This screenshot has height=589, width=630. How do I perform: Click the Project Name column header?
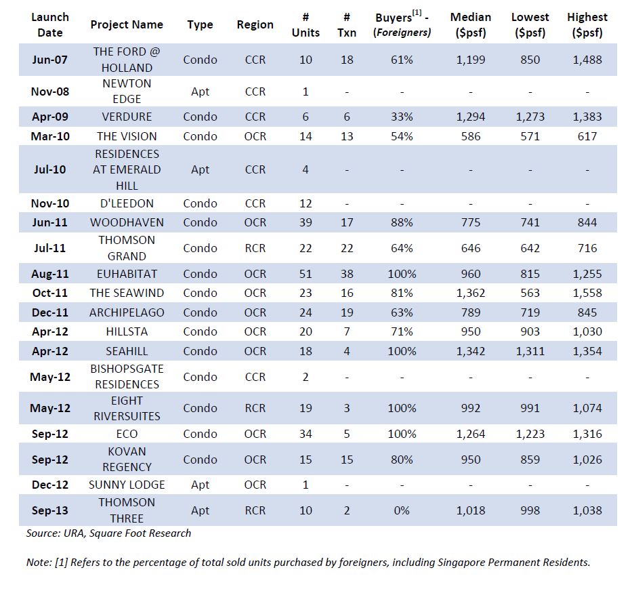pos(127,24)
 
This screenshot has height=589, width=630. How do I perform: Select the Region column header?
pos(255,24)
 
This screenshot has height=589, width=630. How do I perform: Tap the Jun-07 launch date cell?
pos(50,60)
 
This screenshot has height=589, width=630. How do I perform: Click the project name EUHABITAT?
pos(127,274)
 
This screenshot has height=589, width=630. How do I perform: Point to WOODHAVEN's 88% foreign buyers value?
pos(402,222)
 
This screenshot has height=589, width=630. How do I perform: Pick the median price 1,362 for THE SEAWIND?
pos(471,293)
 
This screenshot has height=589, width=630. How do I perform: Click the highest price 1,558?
pos(587,293)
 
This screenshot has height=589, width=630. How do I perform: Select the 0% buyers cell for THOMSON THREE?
pos(402,510)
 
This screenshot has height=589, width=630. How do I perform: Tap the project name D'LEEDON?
pos(127,203)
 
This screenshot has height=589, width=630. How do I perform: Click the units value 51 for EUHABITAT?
pos(306,274)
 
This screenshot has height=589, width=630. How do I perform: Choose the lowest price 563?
pos(530,293)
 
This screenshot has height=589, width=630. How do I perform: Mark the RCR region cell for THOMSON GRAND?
pos(255,248)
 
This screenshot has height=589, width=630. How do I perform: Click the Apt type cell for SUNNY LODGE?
pos(200,485)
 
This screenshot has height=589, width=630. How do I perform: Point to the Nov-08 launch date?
pos(50,92)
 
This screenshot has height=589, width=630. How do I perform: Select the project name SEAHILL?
pos(127,351)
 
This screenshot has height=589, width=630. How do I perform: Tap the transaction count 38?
pos(347,274)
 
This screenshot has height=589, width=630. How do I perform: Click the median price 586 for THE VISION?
pos(471,136)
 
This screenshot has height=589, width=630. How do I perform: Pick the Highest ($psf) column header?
pos(587,24)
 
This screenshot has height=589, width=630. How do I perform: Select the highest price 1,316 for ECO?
pos(587,434)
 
